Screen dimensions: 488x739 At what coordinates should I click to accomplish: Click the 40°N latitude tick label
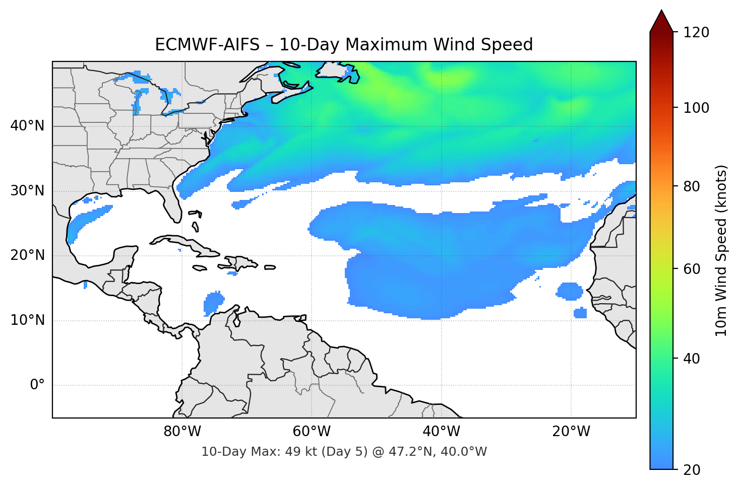27,126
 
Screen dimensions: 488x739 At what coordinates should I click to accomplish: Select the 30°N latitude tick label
27,191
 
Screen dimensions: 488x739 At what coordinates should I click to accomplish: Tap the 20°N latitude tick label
27,255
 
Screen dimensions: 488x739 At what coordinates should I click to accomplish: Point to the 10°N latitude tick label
27,320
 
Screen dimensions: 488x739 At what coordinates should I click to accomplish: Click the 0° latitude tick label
37,385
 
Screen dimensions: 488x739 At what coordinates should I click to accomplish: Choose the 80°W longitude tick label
182,432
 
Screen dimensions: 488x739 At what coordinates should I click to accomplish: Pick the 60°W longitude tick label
312,432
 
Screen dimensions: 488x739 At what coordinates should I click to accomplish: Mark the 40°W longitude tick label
442,432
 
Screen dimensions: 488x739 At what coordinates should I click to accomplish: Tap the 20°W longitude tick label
571,432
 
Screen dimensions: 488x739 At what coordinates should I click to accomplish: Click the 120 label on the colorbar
696,33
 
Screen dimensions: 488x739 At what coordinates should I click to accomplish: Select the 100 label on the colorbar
696,108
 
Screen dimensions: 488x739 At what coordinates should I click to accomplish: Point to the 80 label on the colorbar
692,186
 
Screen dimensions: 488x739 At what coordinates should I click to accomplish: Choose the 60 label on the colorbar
692,269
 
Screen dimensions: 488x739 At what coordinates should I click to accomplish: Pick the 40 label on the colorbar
692,359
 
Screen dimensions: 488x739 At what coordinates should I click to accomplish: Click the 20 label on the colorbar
692,470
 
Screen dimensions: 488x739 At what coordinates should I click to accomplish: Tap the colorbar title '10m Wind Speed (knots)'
721,250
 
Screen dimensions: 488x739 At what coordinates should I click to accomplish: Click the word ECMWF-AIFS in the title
207,45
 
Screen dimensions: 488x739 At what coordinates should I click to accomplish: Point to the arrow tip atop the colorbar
661,11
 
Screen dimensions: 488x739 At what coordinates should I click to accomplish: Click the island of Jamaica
200,268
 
